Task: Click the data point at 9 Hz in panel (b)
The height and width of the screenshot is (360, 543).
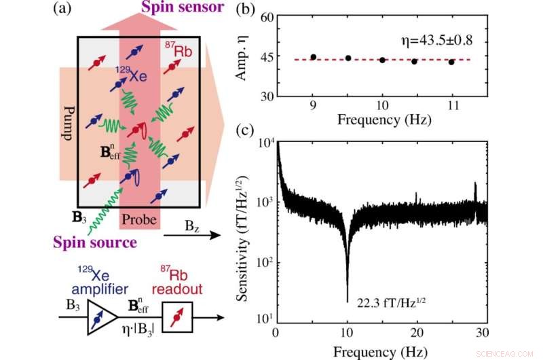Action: [314, 57]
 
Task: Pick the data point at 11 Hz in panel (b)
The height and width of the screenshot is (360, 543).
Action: [451, 62]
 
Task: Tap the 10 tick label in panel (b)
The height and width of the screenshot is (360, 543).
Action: [382, 107]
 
